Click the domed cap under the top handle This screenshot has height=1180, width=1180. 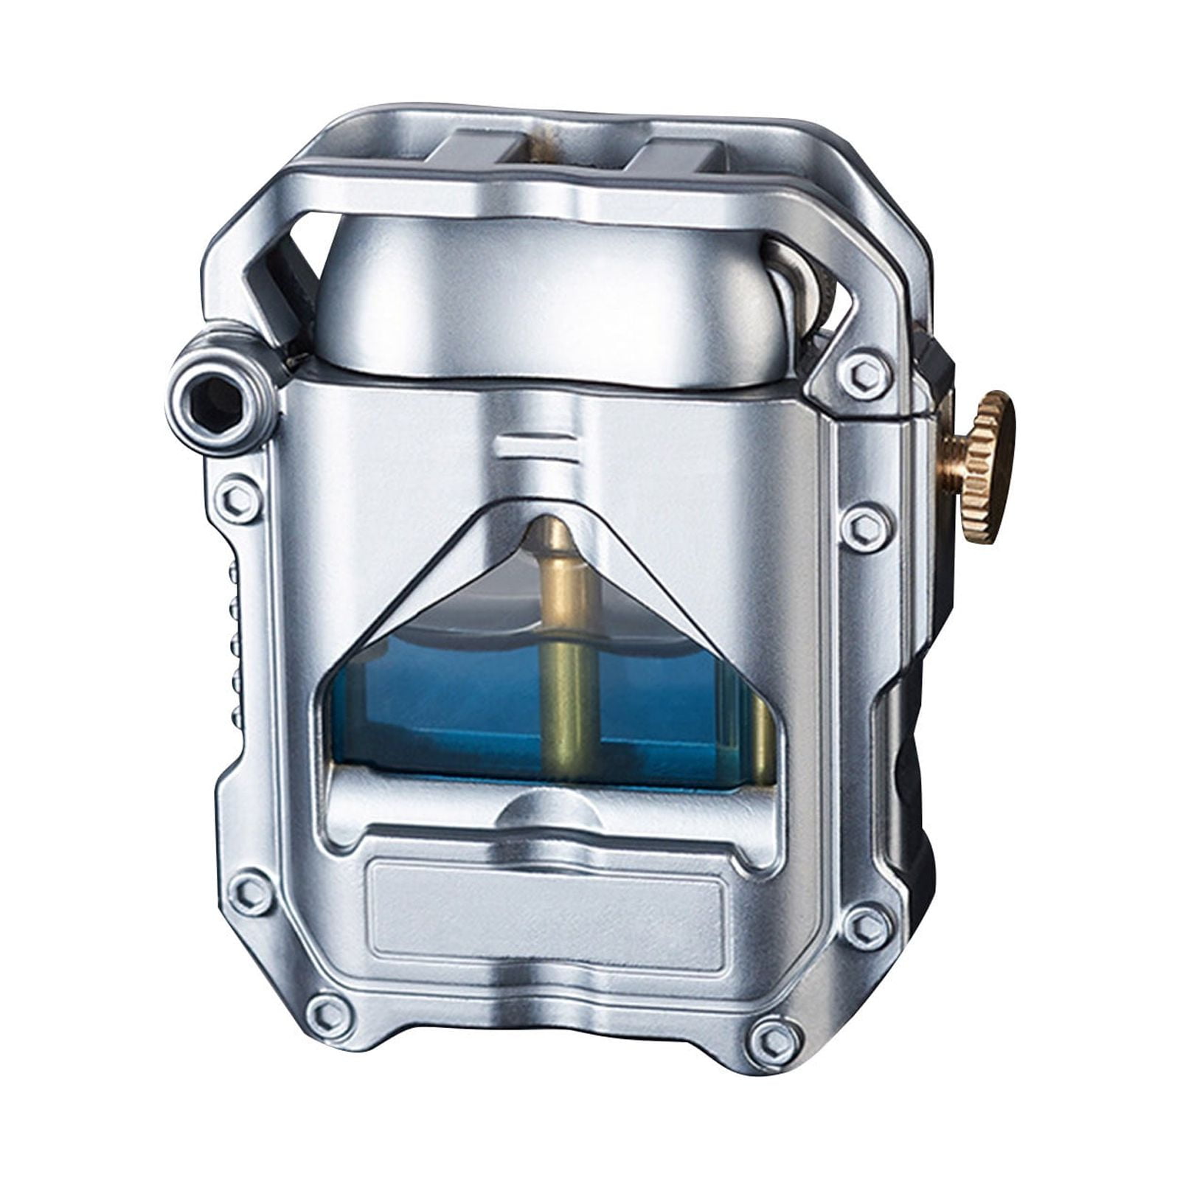point(546,295)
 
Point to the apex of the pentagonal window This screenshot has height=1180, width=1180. point(547,509)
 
